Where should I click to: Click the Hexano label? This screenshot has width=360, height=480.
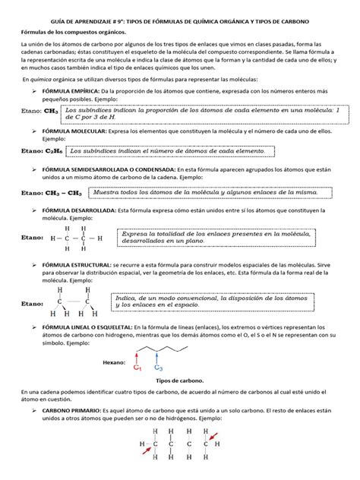115,362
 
